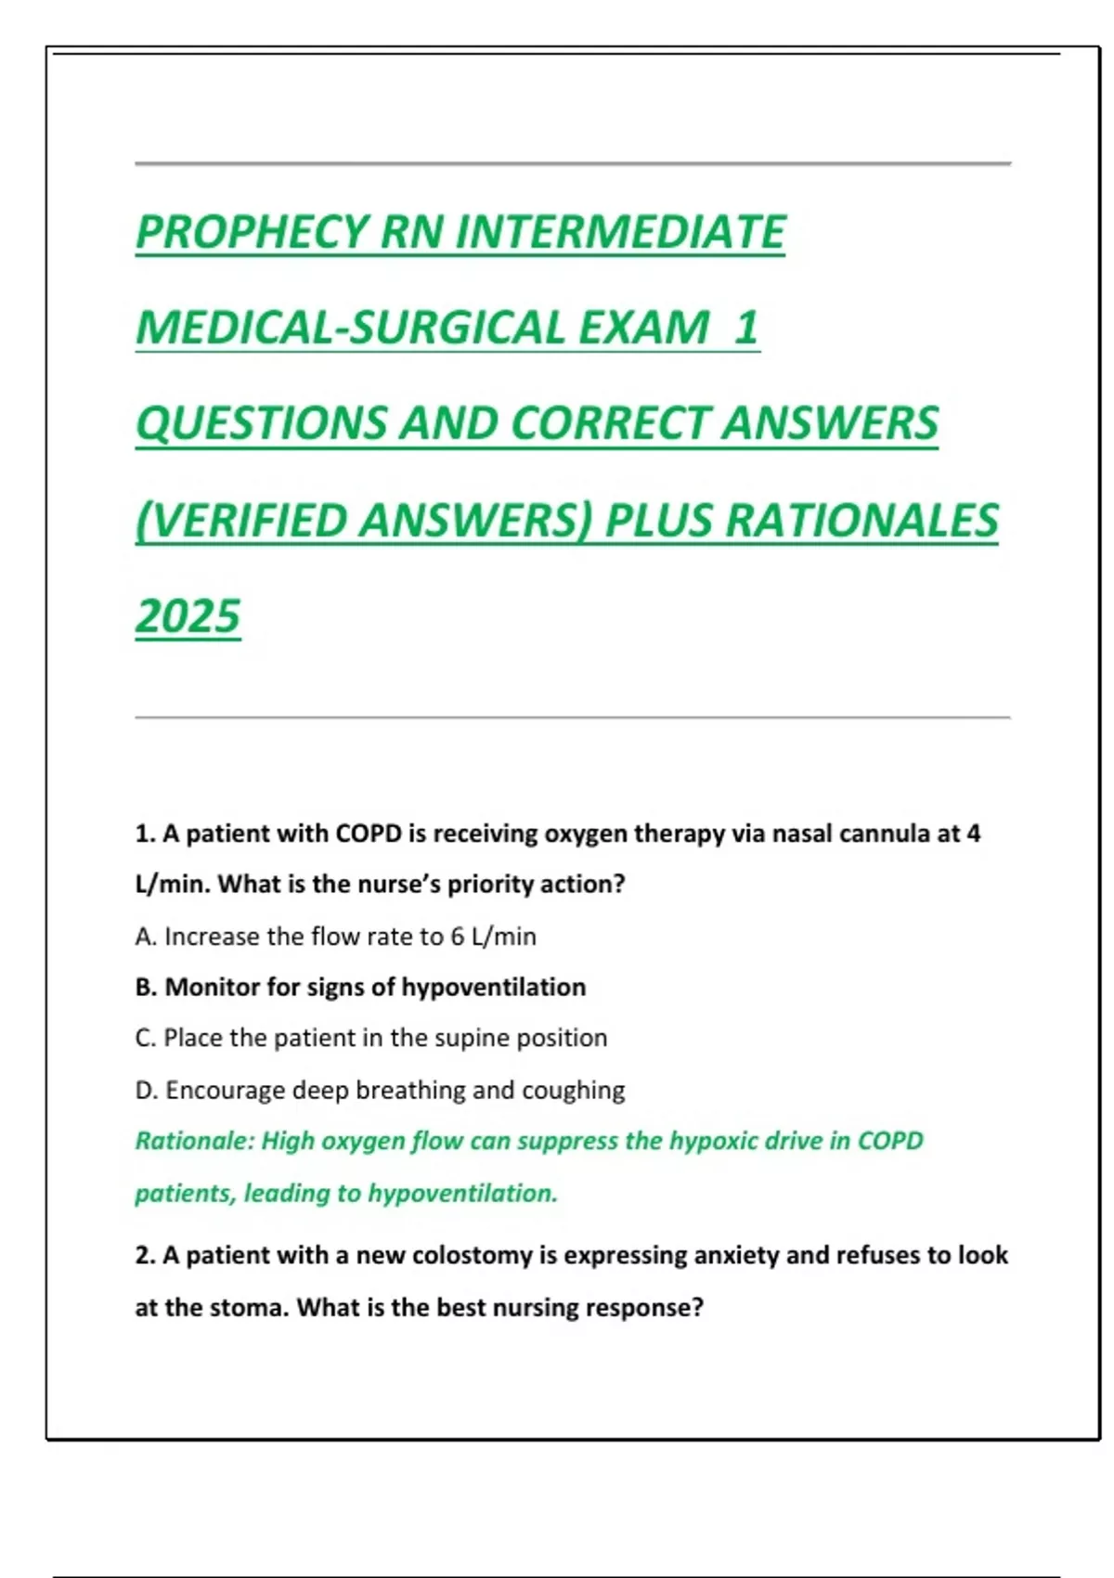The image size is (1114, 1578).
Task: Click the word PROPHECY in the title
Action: coord(252,232)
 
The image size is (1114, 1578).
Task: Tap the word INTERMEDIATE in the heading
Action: coord(620,232)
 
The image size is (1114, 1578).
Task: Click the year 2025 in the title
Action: coord(188,616)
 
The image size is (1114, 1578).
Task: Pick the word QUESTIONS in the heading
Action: coord(260,423)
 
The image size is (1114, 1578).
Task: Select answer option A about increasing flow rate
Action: coord(335,937)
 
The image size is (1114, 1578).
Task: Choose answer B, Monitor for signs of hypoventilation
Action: coord(360,987)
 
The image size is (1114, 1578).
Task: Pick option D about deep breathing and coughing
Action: coord(380,1090)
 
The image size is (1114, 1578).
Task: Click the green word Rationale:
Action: coord(194,1141)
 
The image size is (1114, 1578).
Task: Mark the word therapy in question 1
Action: coord(679,834)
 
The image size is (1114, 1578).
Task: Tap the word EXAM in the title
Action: coord(644,328)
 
